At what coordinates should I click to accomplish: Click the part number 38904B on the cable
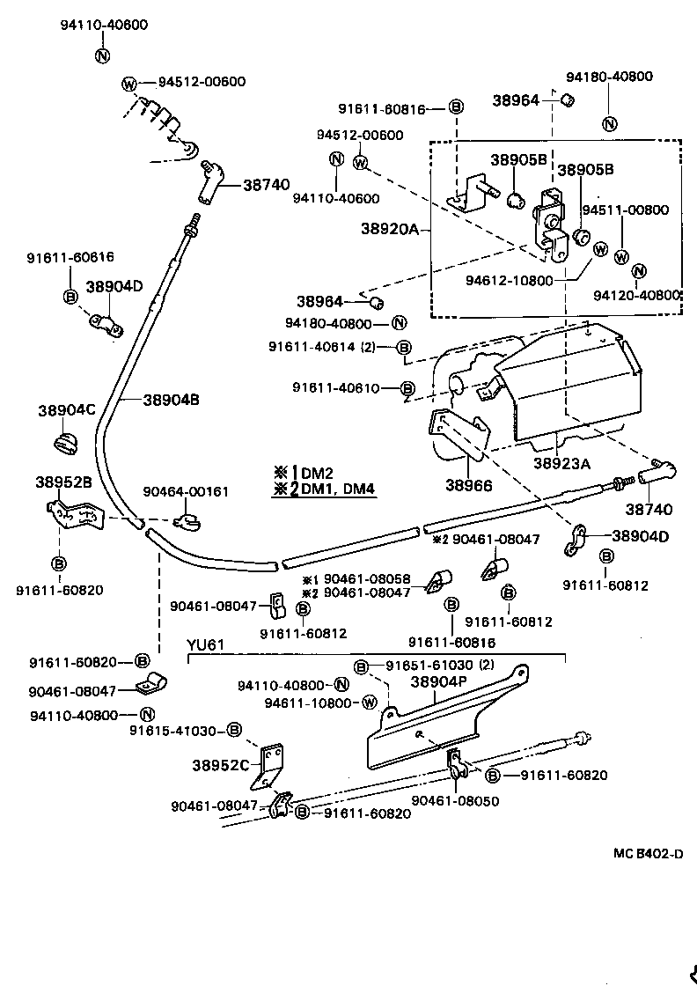pyautogui.click(x=172, y=400)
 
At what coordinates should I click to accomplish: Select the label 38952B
pyautogui.click(x=63, y=482)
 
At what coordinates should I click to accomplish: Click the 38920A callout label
pyautogui.click(x=389, y=229)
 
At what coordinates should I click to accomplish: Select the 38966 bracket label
pyautogui.click(x=468, y=484)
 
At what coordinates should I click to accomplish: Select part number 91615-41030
pyautogui.click(x=173, y=729)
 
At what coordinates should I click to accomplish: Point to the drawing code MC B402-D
pyautogui.click(x=649, y=853)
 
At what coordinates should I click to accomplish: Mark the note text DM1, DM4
pyautogui.click(x=340, y=489)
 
